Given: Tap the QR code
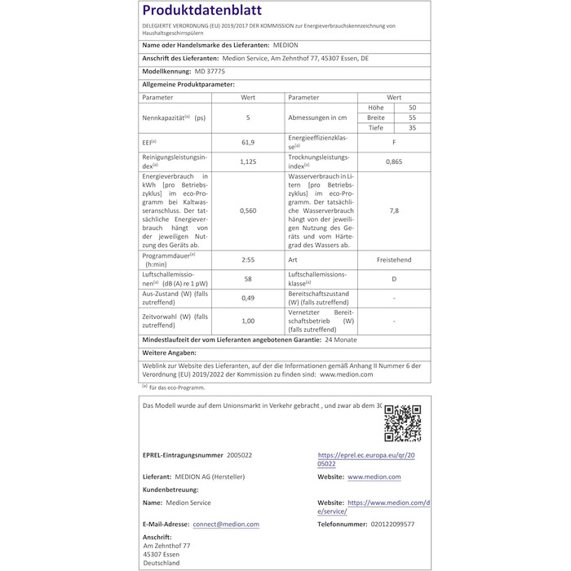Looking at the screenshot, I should click(401, 423).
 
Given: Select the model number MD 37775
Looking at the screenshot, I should click(188, 72).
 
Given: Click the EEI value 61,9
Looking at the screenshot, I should click(248, 143).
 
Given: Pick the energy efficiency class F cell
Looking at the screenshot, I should click(394, 143).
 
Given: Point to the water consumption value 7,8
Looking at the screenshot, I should click(394, 210).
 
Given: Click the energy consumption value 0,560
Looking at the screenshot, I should click(248, 210).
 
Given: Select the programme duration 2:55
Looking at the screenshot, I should click(248, 259).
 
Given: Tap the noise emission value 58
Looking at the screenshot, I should click(248, 279).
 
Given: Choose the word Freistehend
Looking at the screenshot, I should click(394, 259).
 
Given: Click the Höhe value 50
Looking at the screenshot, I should click(412, 108).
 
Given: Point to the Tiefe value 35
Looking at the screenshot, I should click(412, 127).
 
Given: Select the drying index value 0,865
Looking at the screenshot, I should click(394, 162).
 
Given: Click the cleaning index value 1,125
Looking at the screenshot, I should click(248, 162).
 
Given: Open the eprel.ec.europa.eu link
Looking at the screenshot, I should click(365, 458).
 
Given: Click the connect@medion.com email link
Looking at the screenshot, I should click(226, 525).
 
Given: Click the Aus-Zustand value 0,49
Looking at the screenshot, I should click(248, 298).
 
